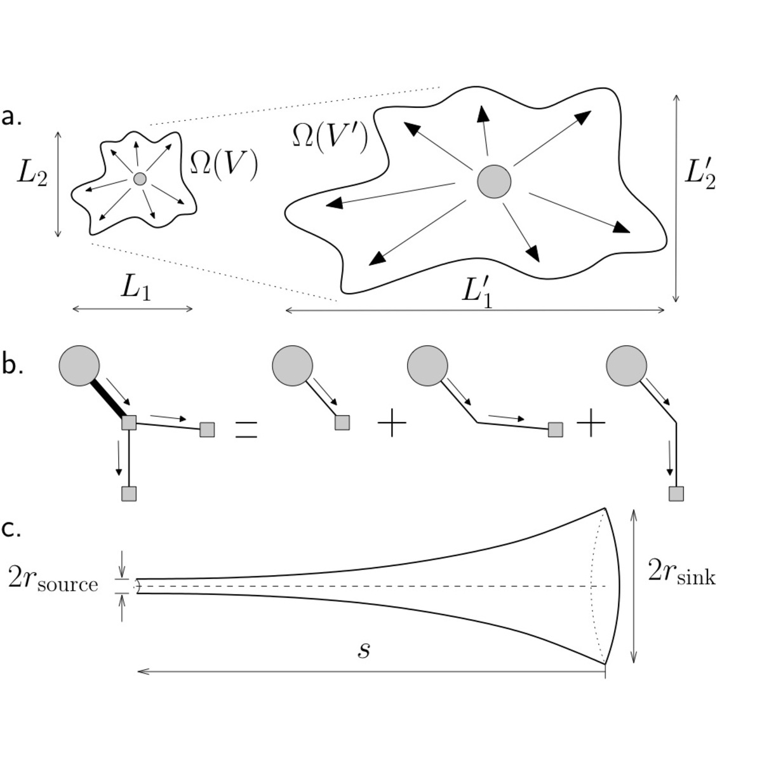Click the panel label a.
point(12,117)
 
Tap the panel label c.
point(11,529)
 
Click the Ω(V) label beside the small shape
point(224,165)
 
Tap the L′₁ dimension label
point(477,292)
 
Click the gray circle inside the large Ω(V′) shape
point(494,182)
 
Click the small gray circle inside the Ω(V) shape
point(140,179)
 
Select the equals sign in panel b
point(246,430)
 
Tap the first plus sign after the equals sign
point(392,424)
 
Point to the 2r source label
point(53,582)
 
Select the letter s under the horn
point(363,650)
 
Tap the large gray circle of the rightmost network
point(626,365)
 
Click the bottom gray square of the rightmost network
point(676,493)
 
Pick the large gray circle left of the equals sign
point(79,365)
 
